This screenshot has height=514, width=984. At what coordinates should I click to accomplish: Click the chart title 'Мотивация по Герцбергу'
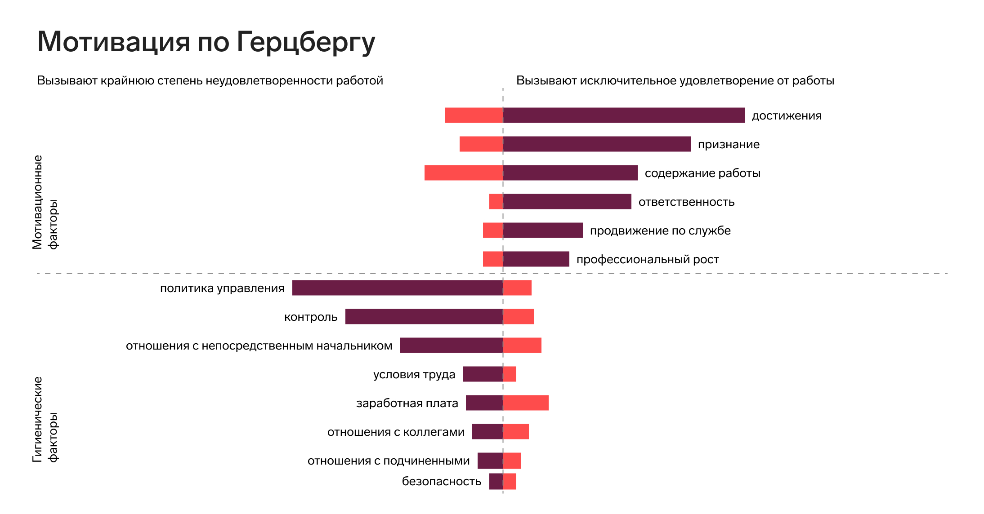206,42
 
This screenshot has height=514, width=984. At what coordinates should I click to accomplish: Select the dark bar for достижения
623,115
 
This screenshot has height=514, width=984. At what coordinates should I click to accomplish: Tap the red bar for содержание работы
463,173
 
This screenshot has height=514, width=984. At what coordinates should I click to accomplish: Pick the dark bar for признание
596,144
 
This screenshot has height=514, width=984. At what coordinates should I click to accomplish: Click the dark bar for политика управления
397,288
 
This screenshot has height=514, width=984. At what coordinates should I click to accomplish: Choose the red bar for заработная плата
526,403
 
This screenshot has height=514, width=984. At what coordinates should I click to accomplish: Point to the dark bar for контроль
424,317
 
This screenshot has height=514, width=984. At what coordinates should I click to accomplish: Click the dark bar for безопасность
496,481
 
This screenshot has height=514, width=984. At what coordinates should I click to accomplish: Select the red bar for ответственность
496,202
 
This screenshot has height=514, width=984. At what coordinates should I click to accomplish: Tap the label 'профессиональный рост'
648,259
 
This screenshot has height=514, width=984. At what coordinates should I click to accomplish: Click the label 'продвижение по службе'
660,230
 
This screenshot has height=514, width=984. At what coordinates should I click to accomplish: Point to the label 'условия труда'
414,374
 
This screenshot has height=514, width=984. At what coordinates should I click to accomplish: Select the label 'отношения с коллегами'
396,432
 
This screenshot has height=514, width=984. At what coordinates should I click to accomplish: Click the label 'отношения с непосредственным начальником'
259,346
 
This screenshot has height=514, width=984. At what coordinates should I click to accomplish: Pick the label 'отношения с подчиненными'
389,461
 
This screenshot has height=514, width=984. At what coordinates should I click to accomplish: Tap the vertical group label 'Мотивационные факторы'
45,202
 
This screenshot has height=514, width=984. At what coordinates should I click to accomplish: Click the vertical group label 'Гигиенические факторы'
45,419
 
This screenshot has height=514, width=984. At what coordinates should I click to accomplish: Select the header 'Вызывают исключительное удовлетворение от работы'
675,80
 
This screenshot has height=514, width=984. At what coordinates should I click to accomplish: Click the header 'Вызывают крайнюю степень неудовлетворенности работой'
210,80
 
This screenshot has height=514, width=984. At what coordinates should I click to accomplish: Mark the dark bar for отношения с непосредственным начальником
451,346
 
